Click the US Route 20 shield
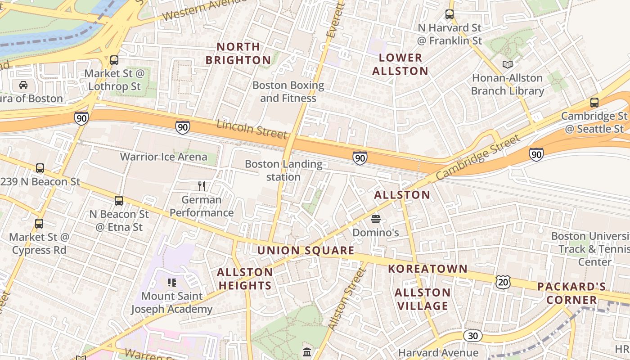(x=503, y=282)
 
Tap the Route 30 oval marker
(x=472, y=336)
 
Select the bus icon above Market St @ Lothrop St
(x=114, y=60)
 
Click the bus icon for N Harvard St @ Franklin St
(x=449, y=14)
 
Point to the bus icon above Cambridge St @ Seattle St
(x=594, y=103)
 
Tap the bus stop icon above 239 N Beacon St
(x=40, y=168)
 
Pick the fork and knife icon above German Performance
(x=202, y=186)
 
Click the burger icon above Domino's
(x=376, y=219)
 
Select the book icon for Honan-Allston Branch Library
(x=508, y=64)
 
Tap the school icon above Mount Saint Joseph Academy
(x=171, y=283)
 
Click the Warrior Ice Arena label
(x=163, y=157)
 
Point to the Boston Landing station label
(x=283, y=171)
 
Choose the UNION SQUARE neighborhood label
(x=306, y=251)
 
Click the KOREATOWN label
(x=427, y=269)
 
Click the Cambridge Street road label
(x=477, y=158)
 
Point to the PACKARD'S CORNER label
(x=571, y=293)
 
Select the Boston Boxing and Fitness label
(x=288, y=91)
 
